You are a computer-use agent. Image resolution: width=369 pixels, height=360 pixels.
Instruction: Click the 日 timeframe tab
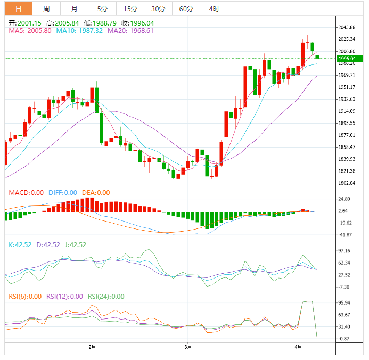(x=19, y=9)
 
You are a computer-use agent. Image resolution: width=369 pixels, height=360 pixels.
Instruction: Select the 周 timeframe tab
(x=46, y=9)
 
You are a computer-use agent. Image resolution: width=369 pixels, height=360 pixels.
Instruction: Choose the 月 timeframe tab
(x=74, y=9)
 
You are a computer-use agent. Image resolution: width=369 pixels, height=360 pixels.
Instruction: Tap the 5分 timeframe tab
(x=102, y=9)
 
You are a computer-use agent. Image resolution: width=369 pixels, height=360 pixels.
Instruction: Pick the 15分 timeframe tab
(x=130, y=9)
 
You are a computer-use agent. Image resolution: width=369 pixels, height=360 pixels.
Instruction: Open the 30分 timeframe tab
(x=158, y=9)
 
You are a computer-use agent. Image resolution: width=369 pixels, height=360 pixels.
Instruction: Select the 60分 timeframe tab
(x=186, y=9)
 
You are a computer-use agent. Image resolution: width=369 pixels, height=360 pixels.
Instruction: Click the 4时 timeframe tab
(x=214, y=9)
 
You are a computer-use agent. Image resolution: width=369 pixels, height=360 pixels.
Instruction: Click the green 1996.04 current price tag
(x=350, y=59)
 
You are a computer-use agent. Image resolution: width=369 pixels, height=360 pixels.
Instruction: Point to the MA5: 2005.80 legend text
(x=30, y=31)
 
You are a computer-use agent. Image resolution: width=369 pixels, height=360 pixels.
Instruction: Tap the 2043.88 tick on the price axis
(x=347, y=27)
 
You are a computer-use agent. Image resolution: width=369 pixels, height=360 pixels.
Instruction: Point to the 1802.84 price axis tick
(x=347, y=183)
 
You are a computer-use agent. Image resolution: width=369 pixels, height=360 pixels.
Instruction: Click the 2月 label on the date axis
(x=92, y=347)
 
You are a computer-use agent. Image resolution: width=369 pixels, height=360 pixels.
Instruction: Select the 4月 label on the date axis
(x=298, y=347)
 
